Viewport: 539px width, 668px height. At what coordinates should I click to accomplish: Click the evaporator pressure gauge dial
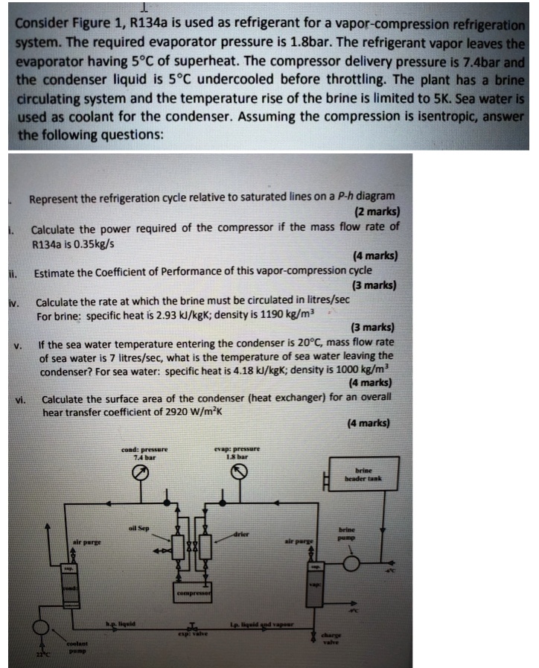(x=239, y=473)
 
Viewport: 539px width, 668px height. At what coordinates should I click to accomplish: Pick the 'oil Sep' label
(x=138, y=528)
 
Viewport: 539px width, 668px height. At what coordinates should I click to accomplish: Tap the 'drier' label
(x=240, y=534)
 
